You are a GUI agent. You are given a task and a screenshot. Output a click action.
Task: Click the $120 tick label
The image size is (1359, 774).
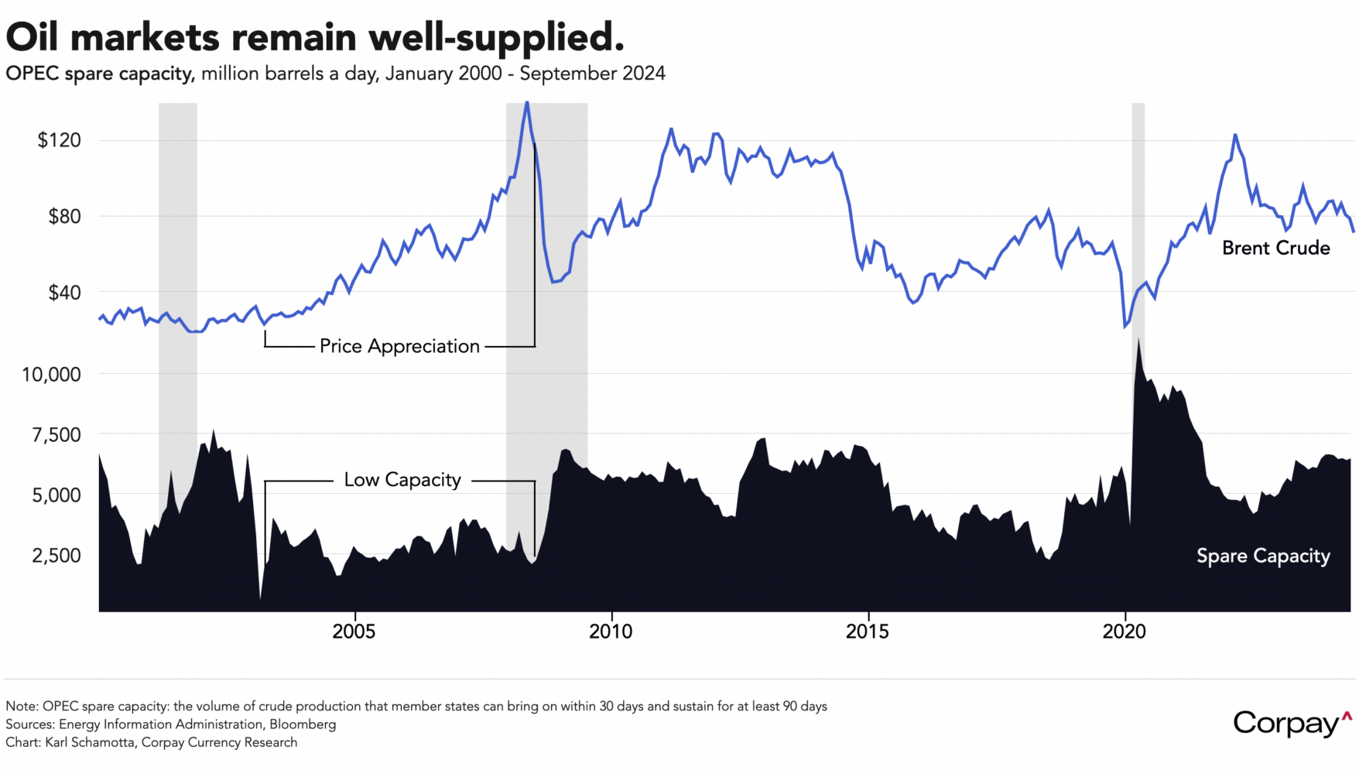coord(59,140)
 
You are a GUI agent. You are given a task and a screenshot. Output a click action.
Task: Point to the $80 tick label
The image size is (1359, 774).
coord(64,217)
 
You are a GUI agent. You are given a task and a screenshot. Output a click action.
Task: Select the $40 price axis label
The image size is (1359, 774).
coord(64,293)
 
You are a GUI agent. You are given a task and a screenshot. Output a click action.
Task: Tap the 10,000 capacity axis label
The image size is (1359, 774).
coord(51,375)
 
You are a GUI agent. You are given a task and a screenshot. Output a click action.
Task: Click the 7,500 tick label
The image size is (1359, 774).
coord(56,435)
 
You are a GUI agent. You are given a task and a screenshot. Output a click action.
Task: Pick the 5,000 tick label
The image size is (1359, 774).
coord(56,495)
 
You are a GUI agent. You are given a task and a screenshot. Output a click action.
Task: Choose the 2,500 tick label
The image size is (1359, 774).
coord(56,556)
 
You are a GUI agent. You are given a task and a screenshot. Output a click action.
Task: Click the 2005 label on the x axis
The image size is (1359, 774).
coord(354,632)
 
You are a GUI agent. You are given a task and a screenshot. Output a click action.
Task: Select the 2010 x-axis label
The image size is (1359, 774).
coord(611,632)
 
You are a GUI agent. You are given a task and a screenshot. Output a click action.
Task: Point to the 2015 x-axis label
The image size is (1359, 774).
coord(867,632)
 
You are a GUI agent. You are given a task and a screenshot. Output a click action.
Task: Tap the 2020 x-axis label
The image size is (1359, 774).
coord(1124,632)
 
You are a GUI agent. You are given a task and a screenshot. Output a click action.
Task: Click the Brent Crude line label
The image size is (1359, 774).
coord(1275,248)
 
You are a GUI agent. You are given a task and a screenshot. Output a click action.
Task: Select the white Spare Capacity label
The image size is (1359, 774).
coord(1263,556)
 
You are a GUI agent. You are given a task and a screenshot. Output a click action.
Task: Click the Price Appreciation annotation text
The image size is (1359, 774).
coord(399,346)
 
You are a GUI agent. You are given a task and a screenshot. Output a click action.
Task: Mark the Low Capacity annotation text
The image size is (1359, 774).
coord(402,480)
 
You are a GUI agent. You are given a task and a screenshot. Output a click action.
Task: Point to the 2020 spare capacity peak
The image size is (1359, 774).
coord(1138,341)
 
